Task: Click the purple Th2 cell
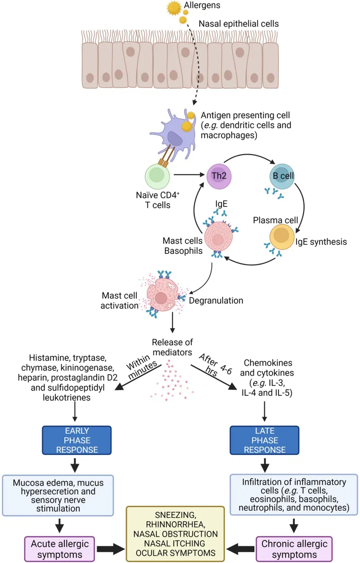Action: coord(219,176)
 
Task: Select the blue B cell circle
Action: coord(282,176)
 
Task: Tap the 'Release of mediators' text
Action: coord(172,347)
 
